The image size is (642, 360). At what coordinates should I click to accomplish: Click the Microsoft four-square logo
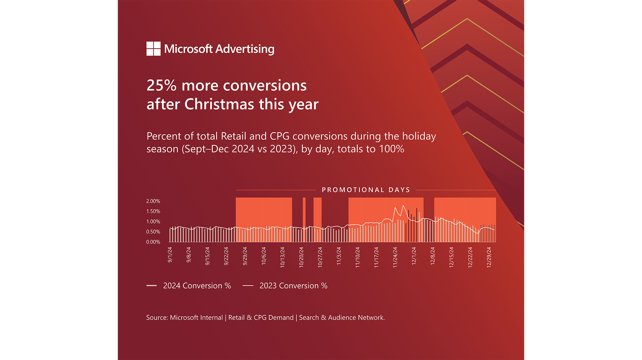pos(153,49)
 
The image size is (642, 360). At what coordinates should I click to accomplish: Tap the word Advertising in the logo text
pos(245,49)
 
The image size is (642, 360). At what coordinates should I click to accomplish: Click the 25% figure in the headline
pos(161,86)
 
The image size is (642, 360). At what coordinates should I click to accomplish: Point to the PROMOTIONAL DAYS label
pos(366,190)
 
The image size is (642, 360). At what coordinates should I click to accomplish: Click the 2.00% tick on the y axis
pos(153,201)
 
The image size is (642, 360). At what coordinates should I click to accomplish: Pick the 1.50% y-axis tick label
pos(153,211)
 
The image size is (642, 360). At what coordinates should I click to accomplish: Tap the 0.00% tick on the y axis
pos(153,242)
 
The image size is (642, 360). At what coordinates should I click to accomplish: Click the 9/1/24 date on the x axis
pos(170,255)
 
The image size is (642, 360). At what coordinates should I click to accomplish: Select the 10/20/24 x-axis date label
pos(301,257)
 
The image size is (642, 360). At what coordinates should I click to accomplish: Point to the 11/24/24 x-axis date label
pos(395,257)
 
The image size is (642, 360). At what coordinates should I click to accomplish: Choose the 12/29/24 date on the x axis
pos(489,257)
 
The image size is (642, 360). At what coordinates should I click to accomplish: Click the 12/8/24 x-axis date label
pos(433,256)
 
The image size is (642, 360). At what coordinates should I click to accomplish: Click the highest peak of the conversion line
pos(403,205)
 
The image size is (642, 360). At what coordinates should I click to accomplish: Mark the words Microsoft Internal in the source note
pos(196,318)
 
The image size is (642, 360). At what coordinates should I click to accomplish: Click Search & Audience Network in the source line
pos(341,318)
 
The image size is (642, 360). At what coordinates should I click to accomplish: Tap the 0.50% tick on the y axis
pos(153,232)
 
